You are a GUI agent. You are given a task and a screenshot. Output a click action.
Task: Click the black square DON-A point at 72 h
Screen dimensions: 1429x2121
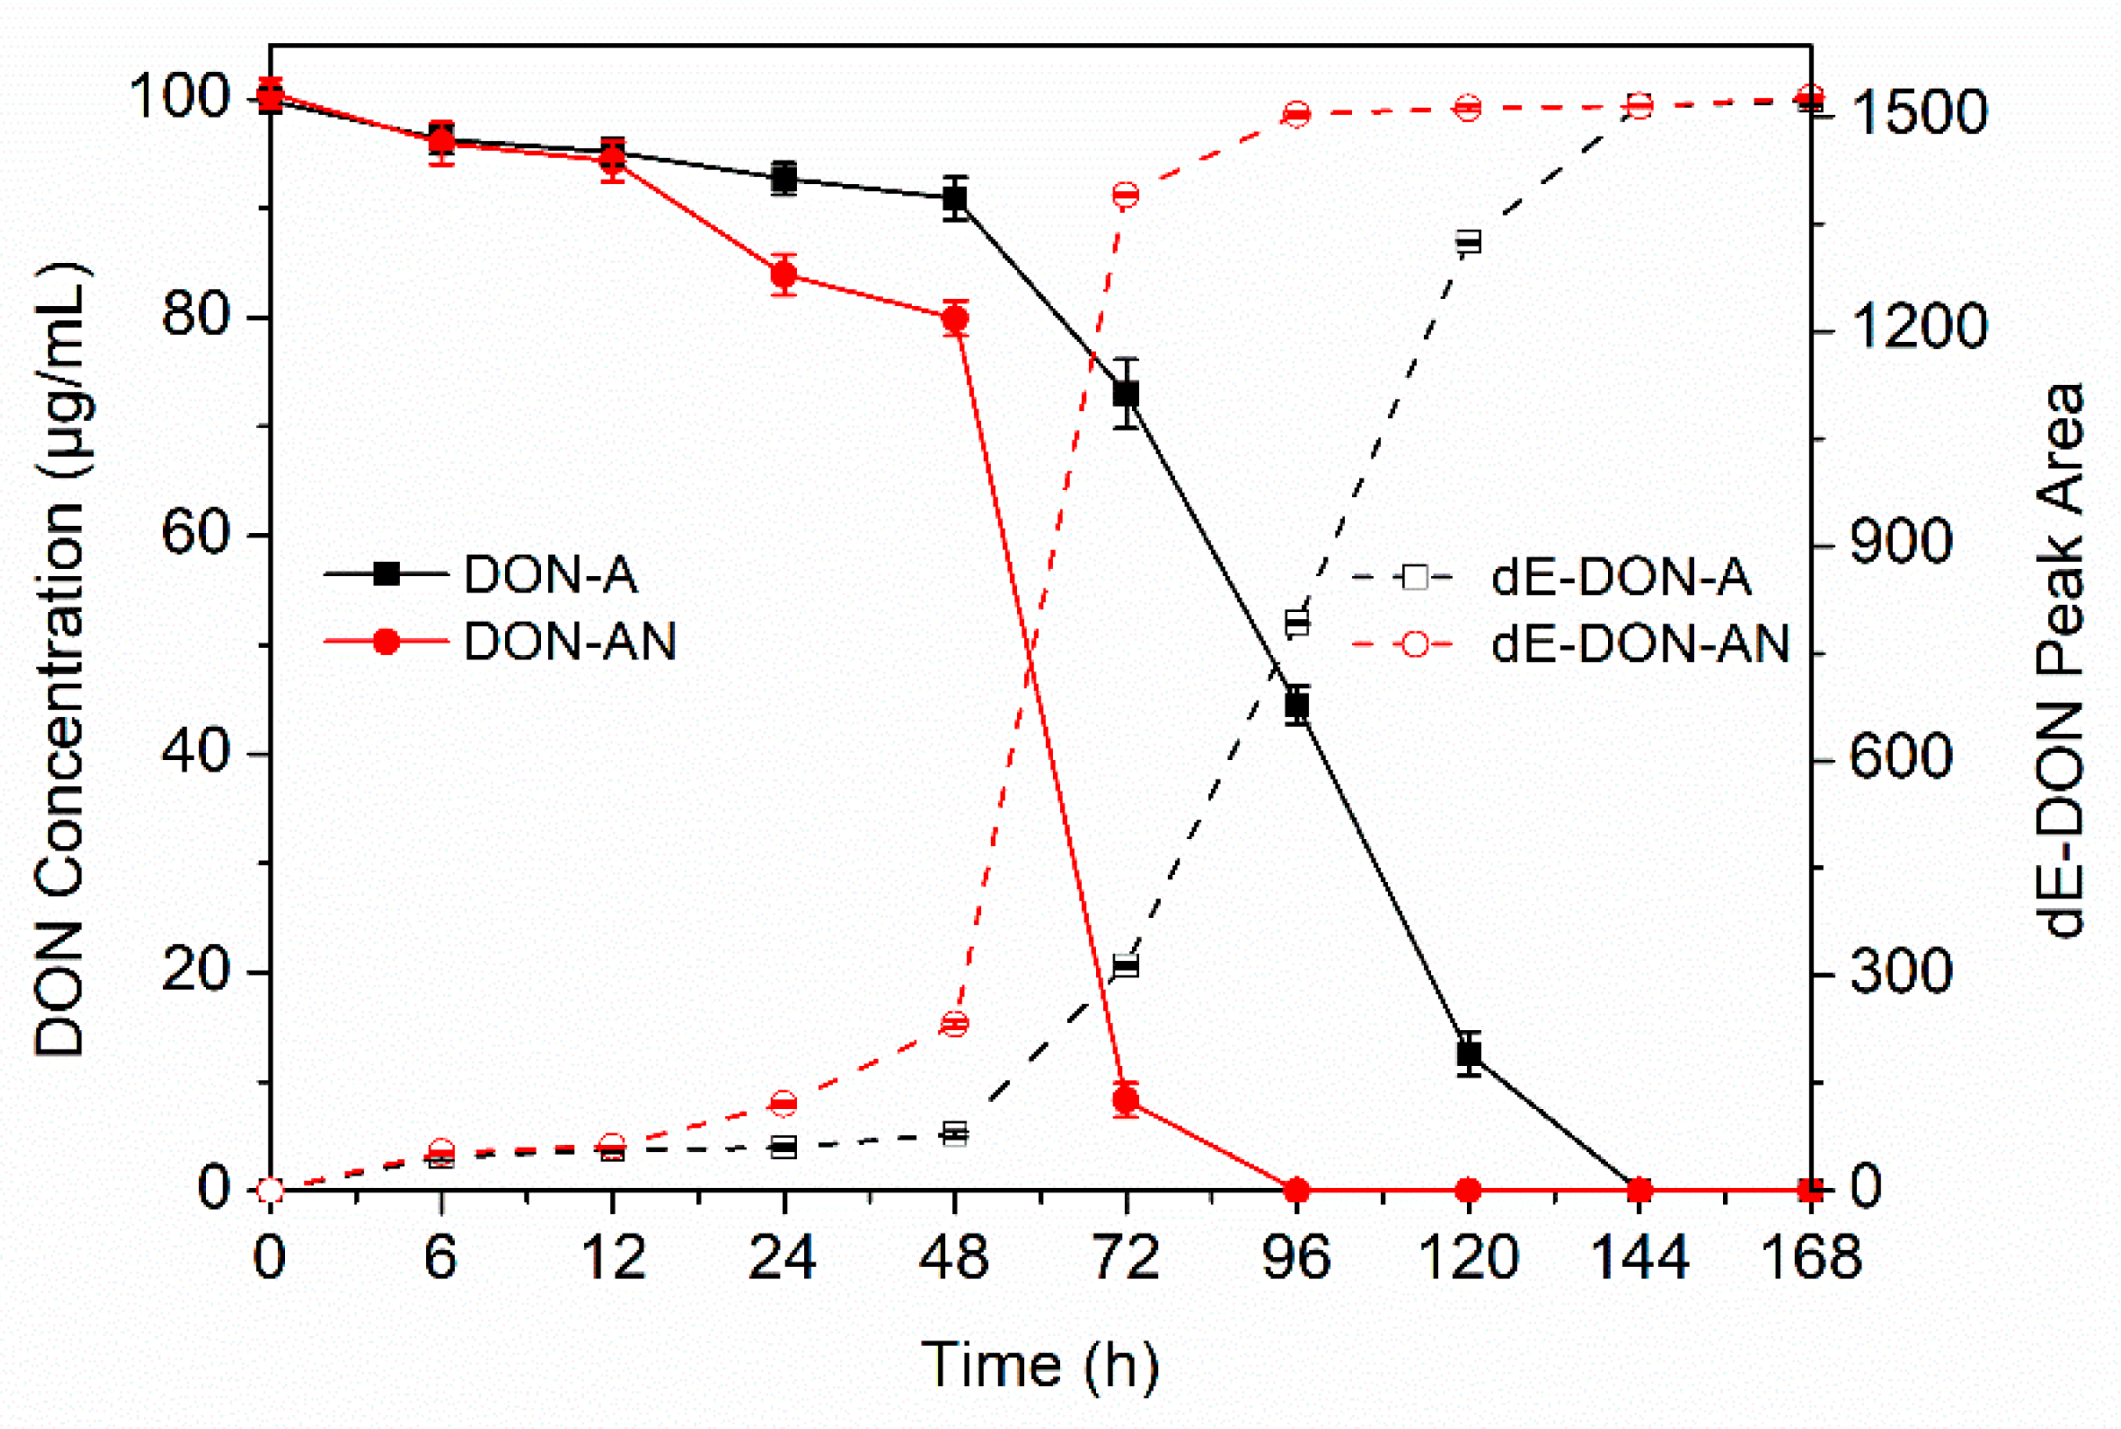click(1127, 394)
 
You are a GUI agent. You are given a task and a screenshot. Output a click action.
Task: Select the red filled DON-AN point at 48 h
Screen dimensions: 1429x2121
click(955, 319)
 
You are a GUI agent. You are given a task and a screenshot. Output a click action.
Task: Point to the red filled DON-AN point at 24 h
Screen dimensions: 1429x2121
click(784, 274)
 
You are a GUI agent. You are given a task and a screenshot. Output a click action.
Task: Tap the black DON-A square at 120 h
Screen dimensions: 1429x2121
click(1469, 1055)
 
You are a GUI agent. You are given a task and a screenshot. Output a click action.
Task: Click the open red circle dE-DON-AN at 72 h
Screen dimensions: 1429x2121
click(1127, 195)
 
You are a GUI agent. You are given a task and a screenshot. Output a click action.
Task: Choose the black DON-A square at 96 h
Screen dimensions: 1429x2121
click(1297, 705)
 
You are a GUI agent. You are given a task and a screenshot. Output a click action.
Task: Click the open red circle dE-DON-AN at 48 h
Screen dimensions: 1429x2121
click(954, 1024)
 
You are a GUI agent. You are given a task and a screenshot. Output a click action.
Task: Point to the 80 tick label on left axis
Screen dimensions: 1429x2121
click(194, 316)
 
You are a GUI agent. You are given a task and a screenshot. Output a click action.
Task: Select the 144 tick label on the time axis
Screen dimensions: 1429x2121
click(1639, 1258)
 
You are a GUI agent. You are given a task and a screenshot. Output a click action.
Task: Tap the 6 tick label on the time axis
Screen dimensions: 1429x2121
click(441, 1258)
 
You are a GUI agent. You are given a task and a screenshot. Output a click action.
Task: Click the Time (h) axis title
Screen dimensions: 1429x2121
click(1040, 1365)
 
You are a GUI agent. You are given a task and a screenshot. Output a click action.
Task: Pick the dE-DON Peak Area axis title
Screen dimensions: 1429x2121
click(2061, 661)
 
